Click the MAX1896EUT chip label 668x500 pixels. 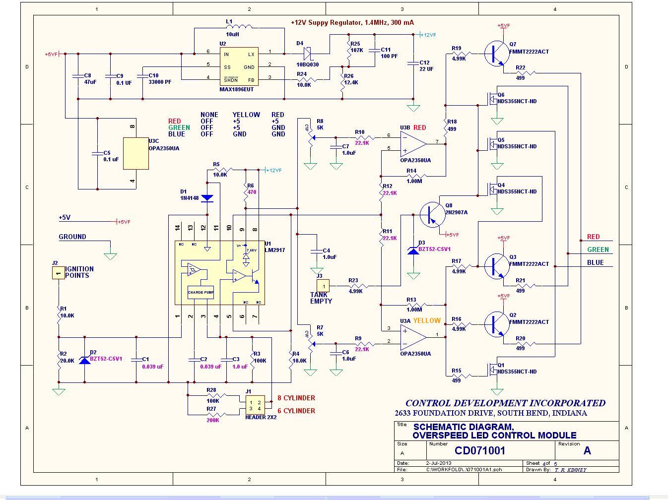point(236,89)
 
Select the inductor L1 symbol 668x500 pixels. point(239,27)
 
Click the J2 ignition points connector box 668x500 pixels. point(59,272)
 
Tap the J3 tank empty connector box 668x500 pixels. point(323,286)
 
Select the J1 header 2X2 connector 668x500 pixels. point(255,405)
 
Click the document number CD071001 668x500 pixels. point(480,450)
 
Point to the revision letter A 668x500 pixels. point(587,450)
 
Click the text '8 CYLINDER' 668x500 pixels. point(296,398)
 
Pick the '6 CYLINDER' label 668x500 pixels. point(296,411)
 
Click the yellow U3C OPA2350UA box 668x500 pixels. point(135,154)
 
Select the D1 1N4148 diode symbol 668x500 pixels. point(207,198)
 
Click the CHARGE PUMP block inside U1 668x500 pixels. point(200,292)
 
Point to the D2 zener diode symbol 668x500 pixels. point(85,359)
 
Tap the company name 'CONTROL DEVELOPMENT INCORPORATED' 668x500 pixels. point(505,403)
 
